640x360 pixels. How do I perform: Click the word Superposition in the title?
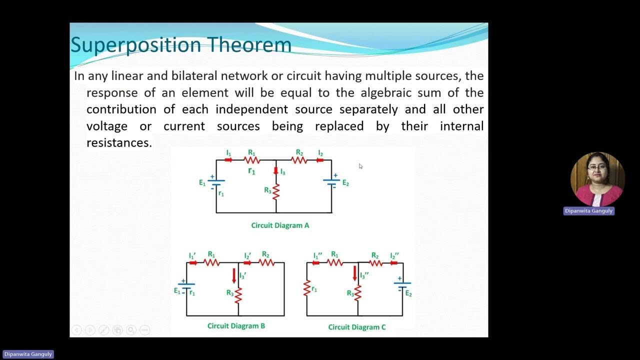point(135,45)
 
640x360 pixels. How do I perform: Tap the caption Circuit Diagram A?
point(280,225)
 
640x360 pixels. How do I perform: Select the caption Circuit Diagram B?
point(236,326)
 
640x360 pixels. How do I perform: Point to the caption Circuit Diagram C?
point(357,327)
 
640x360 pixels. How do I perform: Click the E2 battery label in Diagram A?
point(345,183)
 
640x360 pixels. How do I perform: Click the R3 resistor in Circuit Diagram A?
point(275,191)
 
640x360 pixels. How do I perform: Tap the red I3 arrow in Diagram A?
point(275,171)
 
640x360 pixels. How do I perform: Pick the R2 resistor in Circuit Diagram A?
point(299,160)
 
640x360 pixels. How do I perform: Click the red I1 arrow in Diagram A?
point(228,160)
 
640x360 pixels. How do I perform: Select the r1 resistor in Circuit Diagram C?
point(307,288)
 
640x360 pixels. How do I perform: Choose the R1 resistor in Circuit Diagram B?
point(211,262)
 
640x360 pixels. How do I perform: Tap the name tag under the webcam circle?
point(588,211)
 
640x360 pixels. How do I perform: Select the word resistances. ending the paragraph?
point(119,143)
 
